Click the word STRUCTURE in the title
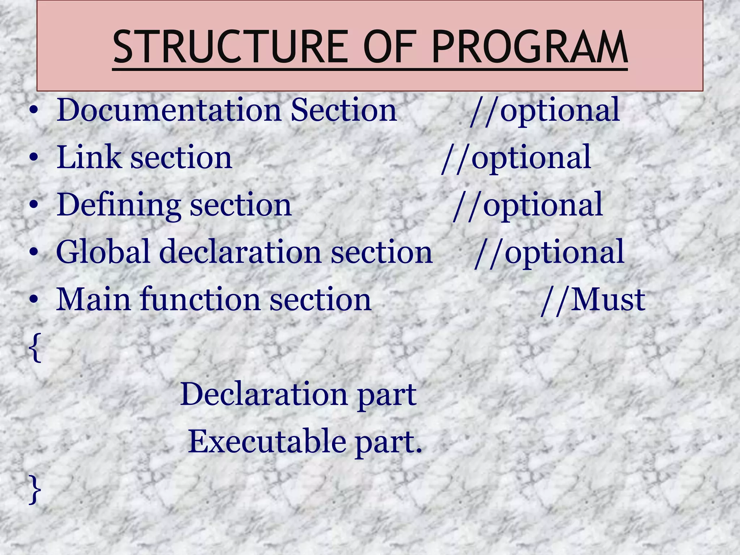(232, 47)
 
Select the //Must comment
(593, 300)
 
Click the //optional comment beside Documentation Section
(545, 110)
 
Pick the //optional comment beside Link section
(516, 158)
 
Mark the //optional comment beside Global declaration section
(549, 253)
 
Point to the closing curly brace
(35, 490)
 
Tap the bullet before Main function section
(34, 300)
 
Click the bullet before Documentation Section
(34, 111)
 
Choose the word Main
(93, 300)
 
